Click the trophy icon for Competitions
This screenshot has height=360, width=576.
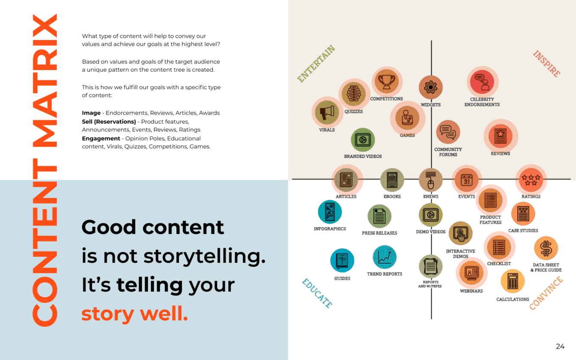coord(386,82)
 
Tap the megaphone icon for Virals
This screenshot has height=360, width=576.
coord(327,112)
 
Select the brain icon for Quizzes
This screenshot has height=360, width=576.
coord(354,94)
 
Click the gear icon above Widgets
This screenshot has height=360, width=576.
coord(431,87)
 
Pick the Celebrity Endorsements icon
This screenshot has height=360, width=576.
coord(482,82)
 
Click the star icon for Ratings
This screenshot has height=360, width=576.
coord(531,180)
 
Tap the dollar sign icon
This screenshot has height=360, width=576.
coord(546,248)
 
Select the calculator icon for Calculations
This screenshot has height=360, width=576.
coord(512,281)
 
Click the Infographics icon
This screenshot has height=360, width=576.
coord(330,212)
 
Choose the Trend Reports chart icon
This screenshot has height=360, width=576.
coord(385,257)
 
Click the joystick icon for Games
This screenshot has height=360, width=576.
coord(407,118)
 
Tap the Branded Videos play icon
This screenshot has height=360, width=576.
coord(363,140)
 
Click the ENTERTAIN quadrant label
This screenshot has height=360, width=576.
coord(316,64)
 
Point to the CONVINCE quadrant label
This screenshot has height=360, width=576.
coord(546,293)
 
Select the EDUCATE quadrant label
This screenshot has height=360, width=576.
coord(317,293)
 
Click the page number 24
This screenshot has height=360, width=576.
coord(560,346)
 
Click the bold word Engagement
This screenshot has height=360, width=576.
coord(101,138)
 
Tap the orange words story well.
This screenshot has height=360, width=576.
coord(135,314)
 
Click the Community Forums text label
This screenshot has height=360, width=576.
coord(448,152)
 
